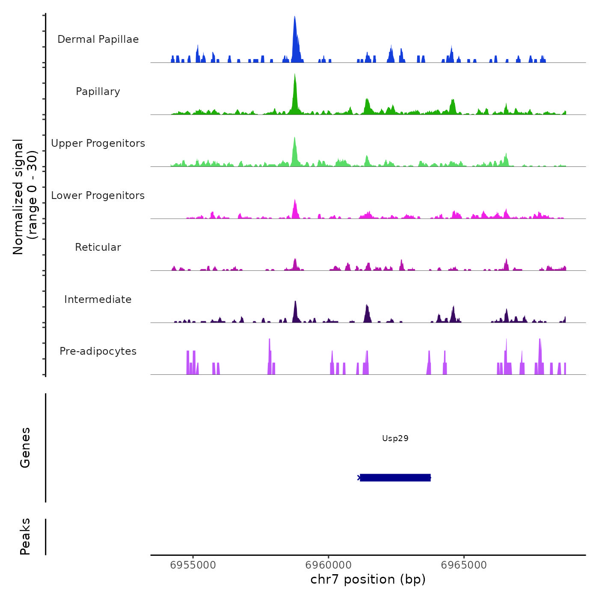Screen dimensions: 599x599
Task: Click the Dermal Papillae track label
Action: (98, 39)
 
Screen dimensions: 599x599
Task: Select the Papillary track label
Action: (98, 92)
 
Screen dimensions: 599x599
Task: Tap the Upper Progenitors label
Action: (98, 143)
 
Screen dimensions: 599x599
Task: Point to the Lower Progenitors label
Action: (98, 196)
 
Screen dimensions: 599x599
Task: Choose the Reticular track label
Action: (98, 247)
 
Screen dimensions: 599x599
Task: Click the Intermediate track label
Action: (98, 299)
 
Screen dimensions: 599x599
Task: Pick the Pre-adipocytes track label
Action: (98, 351)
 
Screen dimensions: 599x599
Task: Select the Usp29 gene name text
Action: (395, 439)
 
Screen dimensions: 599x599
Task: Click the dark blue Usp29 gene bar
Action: (395, 477)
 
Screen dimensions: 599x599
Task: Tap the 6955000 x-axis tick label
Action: (193, 565)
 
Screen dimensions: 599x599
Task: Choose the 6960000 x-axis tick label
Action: (329, 565)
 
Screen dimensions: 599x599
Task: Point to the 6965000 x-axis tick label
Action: (464, 565)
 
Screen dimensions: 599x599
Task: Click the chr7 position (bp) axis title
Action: (368, 580)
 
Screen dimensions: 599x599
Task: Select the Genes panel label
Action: (25, 448)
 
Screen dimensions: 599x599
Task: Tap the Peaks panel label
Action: (25, 537)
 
